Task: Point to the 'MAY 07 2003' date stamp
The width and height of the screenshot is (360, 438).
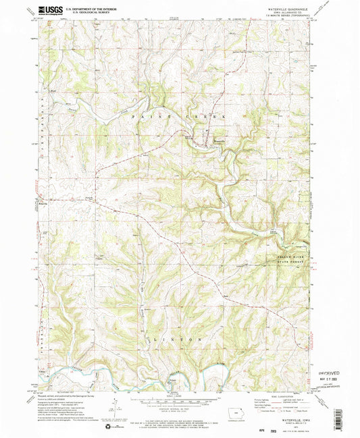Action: point(331,379)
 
